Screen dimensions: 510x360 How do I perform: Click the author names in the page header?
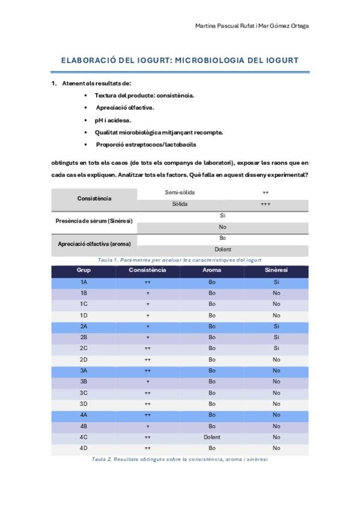[252, 26]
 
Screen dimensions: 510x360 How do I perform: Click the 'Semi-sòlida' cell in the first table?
[180, 192]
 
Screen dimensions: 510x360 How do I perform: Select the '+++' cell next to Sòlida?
[265, 204]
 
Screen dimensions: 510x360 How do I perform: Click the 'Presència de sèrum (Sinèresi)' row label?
[94, 221]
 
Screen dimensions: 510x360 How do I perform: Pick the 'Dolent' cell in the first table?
[222, 249]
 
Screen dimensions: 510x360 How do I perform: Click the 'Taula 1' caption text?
[179, 259]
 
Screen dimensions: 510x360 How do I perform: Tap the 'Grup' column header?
[84, 270]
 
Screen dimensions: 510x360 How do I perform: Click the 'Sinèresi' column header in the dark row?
[276, 270]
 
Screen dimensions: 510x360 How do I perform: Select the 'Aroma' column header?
[212, 270]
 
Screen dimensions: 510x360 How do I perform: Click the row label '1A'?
[84, 281]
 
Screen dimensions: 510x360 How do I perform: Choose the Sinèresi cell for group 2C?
[276, 348]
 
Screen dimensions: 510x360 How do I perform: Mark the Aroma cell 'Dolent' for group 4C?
[212, 437]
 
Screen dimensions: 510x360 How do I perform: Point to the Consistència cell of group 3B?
[147, 381]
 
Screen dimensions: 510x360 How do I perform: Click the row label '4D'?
[84, 448]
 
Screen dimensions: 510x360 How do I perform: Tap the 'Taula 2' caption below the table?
[179, 459]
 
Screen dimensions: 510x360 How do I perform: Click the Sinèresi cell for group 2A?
[276, 326]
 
